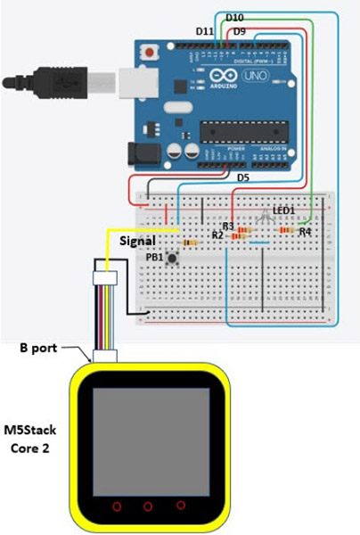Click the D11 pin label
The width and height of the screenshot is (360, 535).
(205, 31)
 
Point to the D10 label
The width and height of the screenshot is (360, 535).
(235, 17)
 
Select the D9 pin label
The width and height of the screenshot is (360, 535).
(240, 31)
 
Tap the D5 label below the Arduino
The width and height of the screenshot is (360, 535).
(242, 178)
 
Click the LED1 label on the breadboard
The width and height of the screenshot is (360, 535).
(284, 210)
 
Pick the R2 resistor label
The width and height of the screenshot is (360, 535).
(217, 235)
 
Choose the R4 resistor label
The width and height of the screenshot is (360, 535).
(306, 232)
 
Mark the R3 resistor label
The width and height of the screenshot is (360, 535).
(228, 226)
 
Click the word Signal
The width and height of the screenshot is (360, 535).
(137, 242)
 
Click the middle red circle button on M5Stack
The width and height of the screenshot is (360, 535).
(148, 506)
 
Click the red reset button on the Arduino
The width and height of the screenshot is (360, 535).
(162, 57)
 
